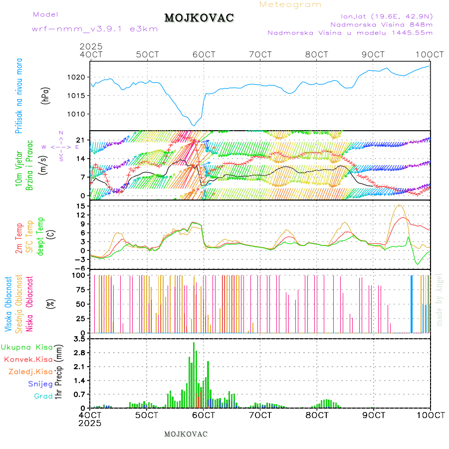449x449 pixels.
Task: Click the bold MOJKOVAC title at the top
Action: click(199, 18)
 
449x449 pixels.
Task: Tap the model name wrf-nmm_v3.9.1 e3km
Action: click(95, 29)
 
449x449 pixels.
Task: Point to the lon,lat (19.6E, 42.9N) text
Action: click(387, 15)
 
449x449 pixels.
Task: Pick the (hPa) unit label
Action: click(46, 95)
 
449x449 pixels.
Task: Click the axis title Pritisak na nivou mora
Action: click(18, 95)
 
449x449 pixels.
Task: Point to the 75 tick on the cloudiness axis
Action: click(79, 289)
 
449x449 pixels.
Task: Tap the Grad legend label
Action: click(43, 397)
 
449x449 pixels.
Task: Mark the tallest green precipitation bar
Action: click(194, 374)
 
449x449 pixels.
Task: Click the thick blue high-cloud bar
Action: click(412, 303)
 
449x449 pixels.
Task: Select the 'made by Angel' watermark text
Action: click(440, 299)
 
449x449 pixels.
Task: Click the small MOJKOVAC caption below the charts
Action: click(186, 434)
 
